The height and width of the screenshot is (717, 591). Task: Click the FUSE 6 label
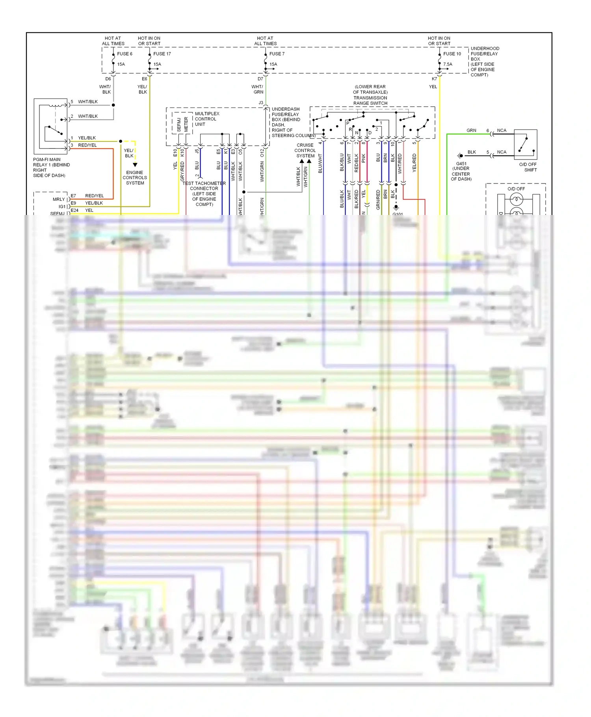coord(125,54)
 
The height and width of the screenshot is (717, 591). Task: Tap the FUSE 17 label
coord(162,54)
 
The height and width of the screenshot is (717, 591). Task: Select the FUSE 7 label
coord(277,54)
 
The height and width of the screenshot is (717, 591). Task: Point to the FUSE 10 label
coord(452,54)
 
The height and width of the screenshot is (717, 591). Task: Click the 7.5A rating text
coord(448,64)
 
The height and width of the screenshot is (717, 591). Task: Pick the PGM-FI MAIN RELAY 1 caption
coord(51,167)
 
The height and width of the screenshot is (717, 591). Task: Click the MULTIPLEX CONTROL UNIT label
coord(206,119)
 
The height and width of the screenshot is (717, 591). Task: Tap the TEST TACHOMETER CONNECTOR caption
coord(204,194)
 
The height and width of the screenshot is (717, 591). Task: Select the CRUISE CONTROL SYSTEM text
coord(305,150)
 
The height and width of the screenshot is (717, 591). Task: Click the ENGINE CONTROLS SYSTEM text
coord(135,178)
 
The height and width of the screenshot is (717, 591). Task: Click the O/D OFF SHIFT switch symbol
coord(526,144)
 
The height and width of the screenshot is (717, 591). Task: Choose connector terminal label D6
coord(108,79)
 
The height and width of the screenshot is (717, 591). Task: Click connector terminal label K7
coord(434,79)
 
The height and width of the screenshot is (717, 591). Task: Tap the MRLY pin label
coord(59,199)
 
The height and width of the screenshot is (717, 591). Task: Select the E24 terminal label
coord(74,210)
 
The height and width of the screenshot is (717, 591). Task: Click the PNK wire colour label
coord(363,158)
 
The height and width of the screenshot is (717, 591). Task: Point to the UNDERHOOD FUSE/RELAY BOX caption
coord(484,61)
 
